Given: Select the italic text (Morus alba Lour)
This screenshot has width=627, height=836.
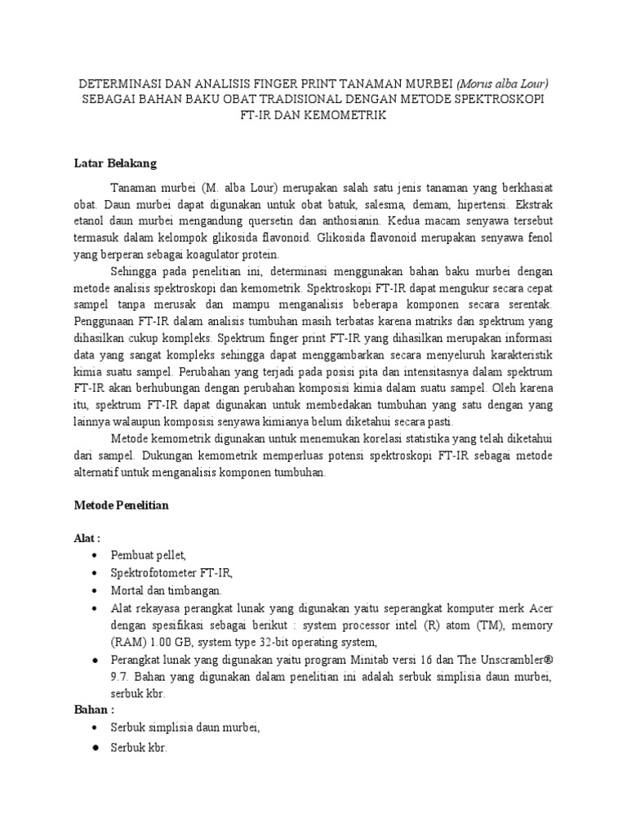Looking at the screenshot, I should pos(503,82).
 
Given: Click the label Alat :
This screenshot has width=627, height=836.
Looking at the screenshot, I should pos(87,539).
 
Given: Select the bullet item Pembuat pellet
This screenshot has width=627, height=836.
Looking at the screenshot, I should pos(149,555).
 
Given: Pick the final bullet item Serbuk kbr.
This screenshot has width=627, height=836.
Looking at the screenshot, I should pos(138,747).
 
